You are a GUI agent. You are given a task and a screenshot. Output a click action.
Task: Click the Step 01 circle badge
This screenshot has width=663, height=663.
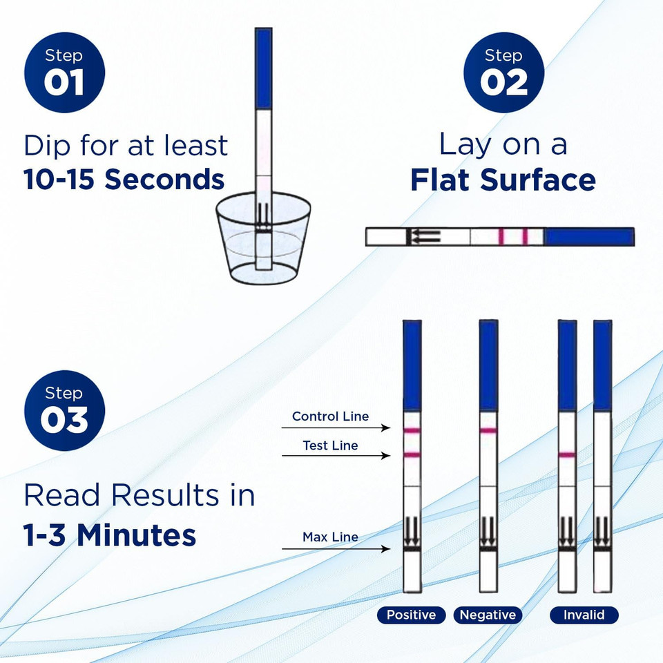[64, 72]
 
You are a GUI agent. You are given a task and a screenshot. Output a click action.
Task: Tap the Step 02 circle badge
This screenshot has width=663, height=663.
[503, 72]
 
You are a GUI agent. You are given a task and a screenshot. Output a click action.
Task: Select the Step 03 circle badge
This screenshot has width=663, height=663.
[64, 410]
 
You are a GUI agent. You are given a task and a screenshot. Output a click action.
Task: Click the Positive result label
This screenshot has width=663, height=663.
[412, 615]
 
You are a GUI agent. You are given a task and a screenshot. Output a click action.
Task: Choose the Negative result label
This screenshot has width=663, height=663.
[488, 615]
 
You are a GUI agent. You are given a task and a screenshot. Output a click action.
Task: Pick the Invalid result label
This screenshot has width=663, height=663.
[584, 615]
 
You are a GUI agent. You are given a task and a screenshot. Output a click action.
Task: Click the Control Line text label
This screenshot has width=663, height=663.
[330, 416]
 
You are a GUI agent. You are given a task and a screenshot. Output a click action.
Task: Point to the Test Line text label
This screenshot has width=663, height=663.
[330, 445]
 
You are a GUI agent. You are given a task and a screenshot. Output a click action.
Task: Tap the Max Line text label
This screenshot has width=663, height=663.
[330, 537]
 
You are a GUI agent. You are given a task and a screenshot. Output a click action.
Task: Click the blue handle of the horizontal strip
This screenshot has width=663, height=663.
[589, 237]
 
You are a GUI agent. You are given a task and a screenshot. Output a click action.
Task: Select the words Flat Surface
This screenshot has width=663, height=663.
[503, 180]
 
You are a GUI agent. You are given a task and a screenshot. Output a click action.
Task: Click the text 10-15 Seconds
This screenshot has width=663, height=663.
[124, 180]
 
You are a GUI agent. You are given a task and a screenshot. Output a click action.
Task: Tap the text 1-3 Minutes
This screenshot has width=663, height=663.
[110, 535]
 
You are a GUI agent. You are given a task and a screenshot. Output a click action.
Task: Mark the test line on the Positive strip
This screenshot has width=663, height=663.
[412, 454]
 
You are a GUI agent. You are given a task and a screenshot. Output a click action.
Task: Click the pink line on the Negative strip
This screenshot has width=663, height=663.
[488, 431]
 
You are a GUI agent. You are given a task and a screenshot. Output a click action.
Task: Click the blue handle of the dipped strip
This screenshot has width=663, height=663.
[263, 68]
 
